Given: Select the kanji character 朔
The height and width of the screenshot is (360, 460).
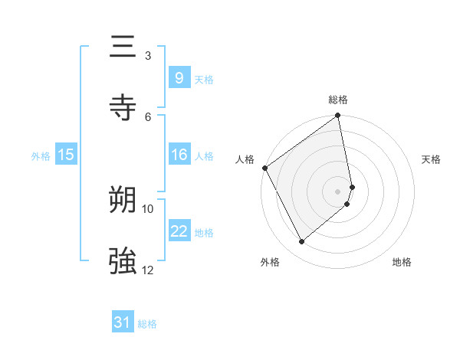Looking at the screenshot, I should coord(123,201).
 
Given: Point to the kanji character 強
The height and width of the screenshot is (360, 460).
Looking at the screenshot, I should coord(123,261).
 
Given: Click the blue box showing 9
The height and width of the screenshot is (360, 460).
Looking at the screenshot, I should coord(179,77).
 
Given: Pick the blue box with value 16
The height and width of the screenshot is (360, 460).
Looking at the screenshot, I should coord(179,155).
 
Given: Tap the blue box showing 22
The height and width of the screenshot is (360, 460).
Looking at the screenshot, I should coord(179,231).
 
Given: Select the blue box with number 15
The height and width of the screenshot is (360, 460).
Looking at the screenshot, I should coord(65,155).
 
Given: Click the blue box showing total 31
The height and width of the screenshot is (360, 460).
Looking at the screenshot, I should coord(123,322).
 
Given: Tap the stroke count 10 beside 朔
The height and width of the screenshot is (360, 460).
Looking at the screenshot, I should coord(148,208).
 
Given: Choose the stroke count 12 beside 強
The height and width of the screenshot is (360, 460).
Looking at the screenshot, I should coord(148,270).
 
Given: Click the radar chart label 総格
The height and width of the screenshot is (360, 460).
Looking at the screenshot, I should coord(338,100).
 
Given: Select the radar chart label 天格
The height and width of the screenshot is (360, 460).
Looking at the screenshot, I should coord(431,159).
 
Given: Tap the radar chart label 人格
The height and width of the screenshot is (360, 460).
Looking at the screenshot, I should coord(245,159).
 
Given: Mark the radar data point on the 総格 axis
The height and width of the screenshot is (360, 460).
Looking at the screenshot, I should coord(338,116).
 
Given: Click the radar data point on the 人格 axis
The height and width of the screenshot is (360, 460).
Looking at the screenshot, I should coord(264,168).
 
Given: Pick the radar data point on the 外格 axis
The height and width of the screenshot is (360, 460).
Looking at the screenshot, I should coord(301,242).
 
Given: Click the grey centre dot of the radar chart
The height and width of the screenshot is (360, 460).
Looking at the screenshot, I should coord(338,191).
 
